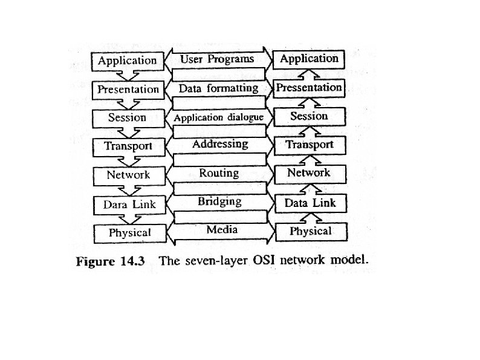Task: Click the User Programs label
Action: pyautogui.click(x=217, y=59)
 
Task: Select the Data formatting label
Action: pyautogui.click(x=218, y=88)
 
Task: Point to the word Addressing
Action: pyautogui.click(x=219, y=144)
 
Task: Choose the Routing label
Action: pyautogui.click(x=219, y=173)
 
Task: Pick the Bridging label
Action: pyautogui.click(x=219, y=201)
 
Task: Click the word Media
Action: pyautogui.click(x=221, y=229)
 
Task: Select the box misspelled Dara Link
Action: pyautogui.click(x=129, y=205)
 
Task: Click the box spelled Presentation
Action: pyautogui.click(x=129, y=90)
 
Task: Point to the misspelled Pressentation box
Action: pyautogui.click(x=309, y=88)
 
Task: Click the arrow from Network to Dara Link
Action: pyautogui.click(x=128, y=189)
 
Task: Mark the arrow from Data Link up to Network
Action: pyautogui.click(x=309, y=188)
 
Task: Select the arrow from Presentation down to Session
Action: pyautogui.click(x=128, y=103)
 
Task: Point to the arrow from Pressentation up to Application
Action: pyautogui.click(x=309, y=74)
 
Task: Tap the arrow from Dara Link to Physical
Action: pyautogui.click(x=128, y=218)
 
